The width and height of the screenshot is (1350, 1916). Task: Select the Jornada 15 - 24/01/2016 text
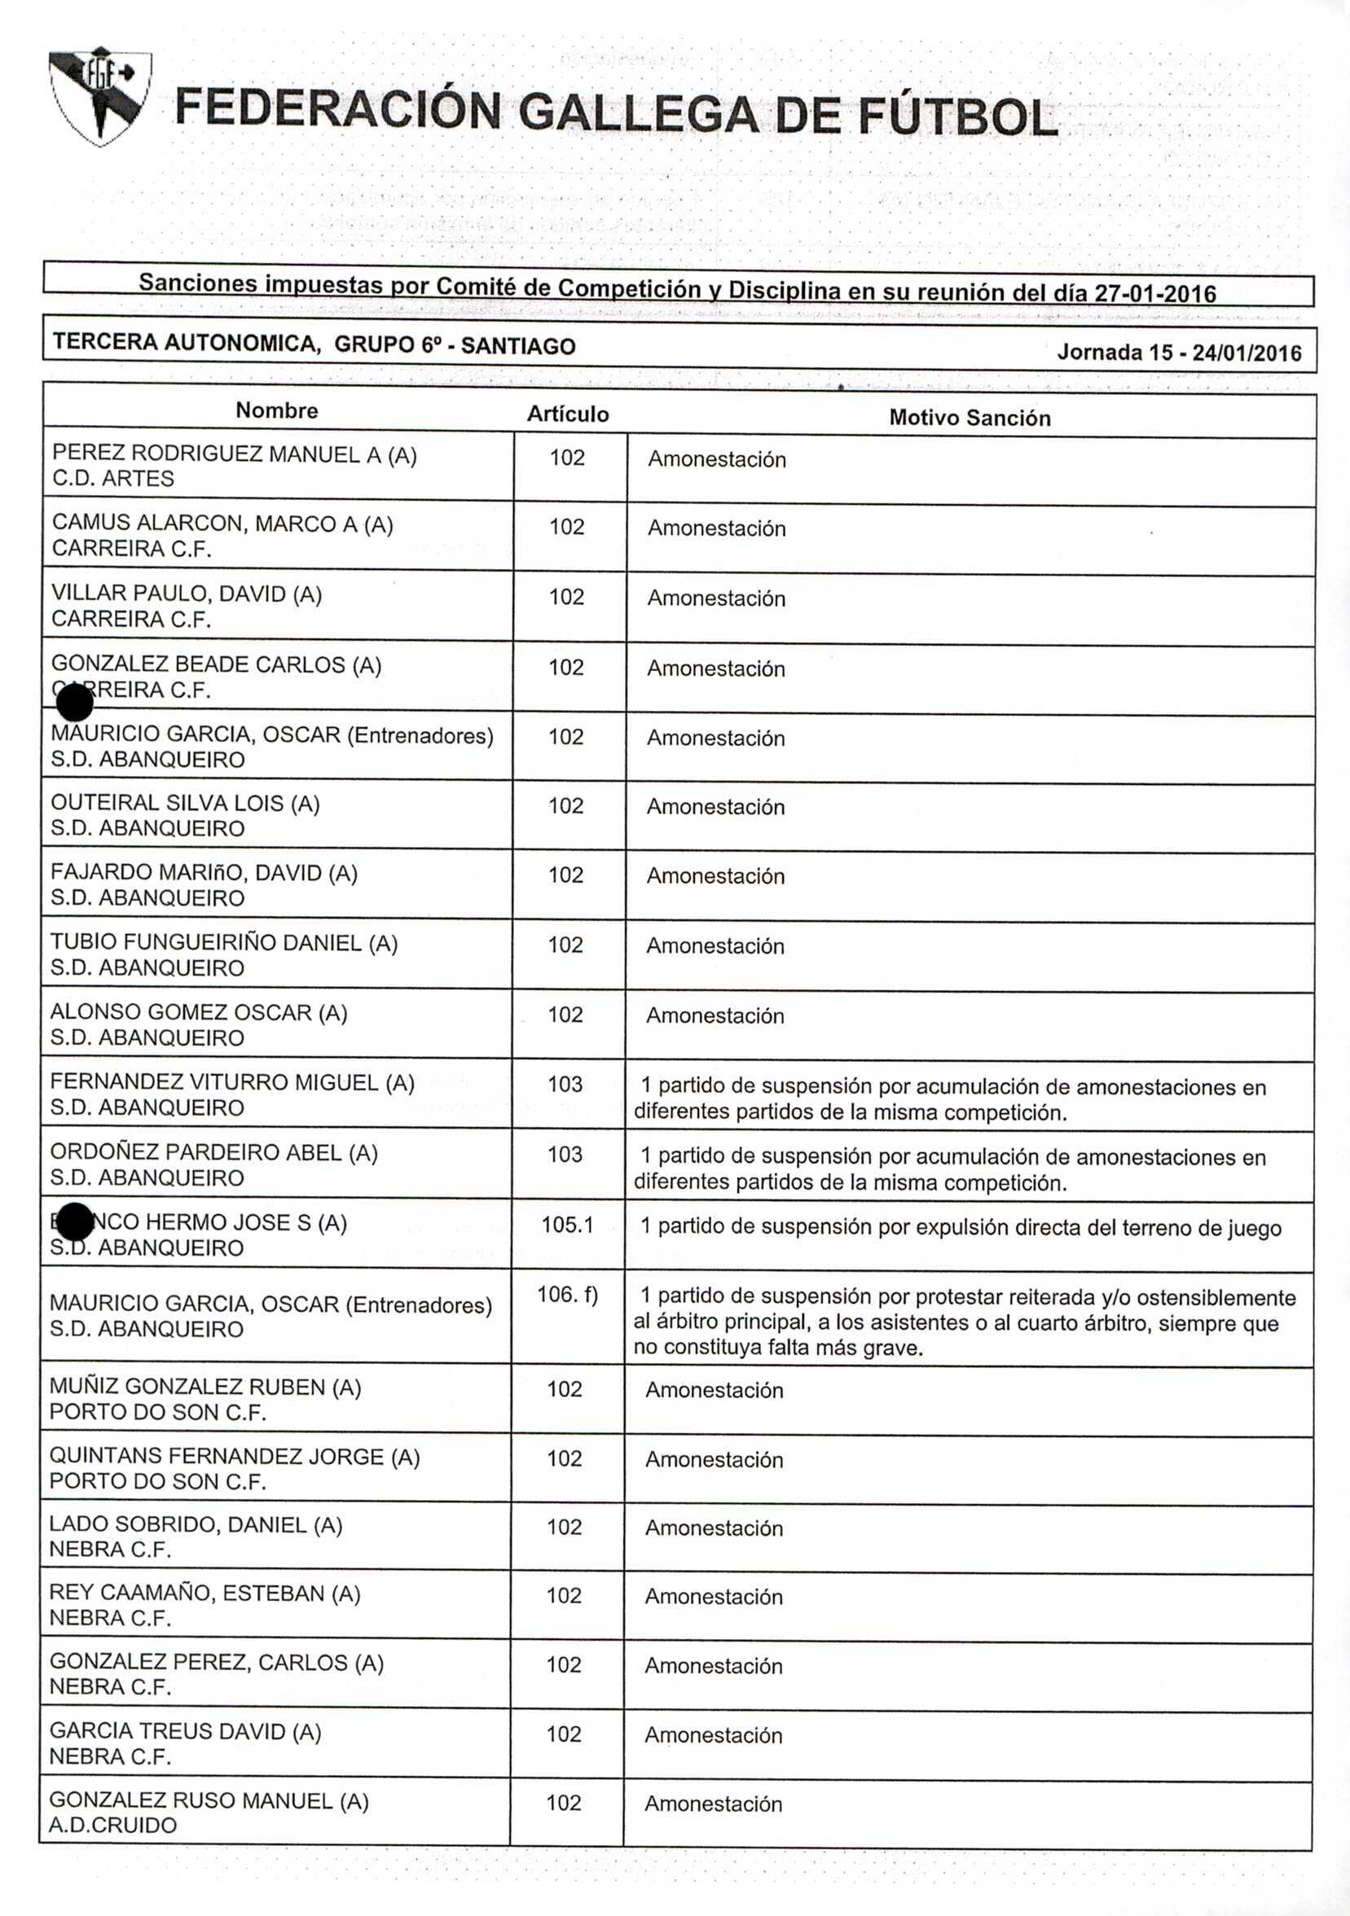1179,352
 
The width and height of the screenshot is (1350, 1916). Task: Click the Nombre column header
276,410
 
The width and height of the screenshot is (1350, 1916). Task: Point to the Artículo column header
568,414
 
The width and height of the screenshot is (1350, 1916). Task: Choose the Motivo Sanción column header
970,417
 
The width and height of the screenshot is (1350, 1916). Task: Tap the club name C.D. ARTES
112,479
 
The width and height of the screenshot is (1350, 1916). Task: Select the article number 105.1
567,1224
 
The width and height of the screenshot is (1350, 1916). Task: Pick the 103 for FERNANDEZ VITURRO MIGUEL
565,1084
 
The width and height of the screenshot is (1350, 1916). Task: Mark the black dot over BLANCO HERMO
77,1222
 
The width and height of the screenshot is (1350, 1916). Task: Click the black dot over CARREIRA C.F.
74,703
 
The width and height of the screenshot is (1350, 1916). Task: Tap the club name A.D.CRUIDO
112,1825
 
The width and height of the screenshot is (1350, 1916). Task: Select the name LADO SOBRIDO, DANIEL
196,1524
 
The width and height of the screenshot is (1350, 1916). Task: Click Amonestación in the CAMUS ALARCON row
716,528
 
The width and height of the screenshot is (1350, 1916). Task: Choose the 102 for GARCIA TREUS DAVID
564,1734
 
